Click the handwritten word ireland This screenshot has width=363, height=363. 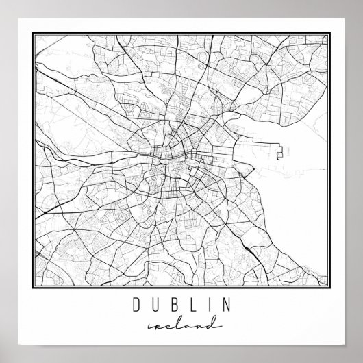181,321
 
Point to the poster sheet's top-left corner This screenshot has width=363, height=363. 8,8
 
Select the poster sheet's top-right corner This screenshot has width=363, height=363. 355,8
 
